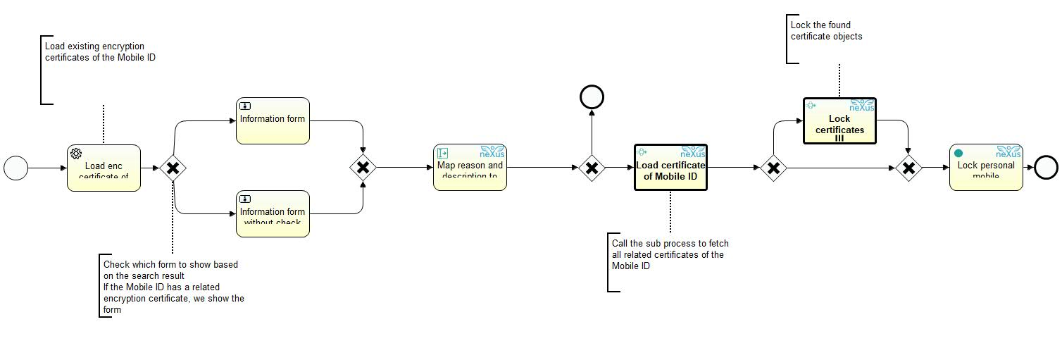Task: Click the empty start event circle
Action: [x=16, y=168]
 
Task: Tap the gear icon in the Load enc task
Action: [x=76, y=154]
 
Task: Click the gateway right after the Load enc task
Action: [x=173, y=168]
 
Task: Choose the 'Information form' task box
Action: [x=273, y=120]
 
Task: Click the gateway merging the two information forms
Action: [x=363, y=168]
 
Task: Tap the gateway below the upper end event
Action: [x=592, y=168]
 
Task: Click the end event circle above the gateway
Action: [x=592, y=97]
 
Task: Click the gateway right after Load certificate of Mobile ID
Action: [x=773, y=168]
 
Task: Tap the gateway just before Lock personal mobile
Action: [x=908, y=168]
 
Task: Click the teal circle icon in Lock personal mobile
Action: [x=958, y=153]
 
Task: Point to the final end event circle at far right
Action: [x=1046, y=168]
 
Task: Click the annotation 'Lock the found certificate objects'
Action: [x=826, y=31]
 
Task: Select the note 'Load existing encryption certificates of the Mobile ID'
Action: [x=100, y=52]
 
